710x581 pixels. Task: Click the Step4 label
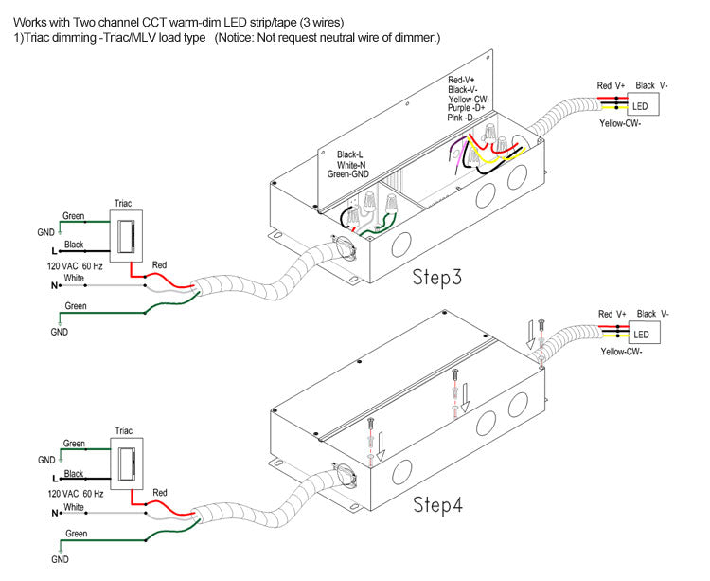pos(437,504)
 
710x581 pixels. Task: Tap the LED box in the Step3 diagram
pos(641,107)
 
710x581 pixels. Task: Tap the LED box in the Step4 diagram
pos(641,335)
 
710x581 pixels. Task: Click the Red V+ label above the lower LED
pos(612,314)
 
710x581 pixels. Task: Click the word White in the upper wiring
pos(74,277)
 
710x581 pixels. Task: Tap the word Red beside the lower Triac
pos(160,493)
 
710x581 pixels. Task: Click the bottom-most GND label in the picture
pos(60,560)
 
